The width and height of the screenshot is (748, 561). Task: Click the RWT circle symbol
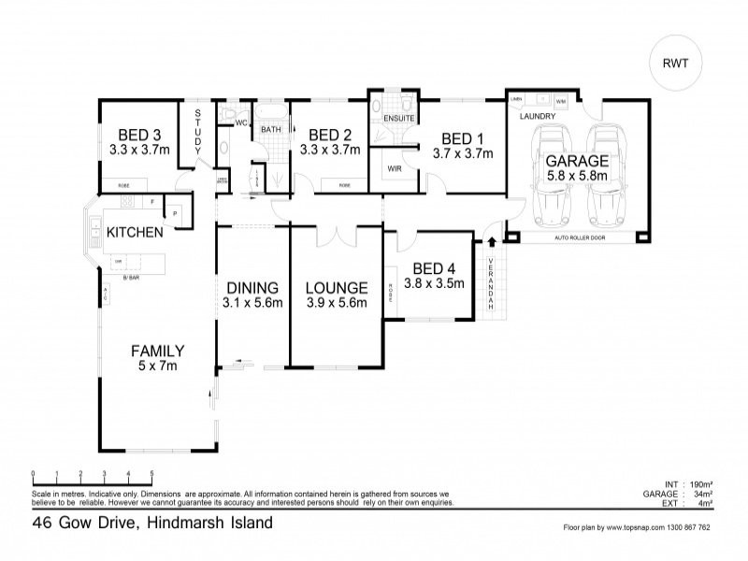coord(677,65)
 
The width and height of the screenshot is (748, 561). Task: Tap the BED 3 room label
coord(138,133)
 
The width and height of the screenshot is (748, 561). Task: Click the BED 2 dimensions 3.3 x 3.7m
coord(329,148)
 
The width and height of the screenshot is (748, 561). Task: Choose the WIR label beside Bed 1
coord(394,169)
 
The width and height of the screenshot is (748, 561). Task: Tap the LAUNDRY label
coord(538,116)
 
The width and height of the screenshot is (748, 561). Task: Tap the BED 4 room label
coord(434,266)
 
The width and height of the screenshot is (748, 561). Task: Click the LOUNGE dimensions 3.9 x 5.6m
coord(336,302)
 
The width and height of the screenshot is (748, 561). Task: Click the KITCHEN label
coord(136,231)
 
